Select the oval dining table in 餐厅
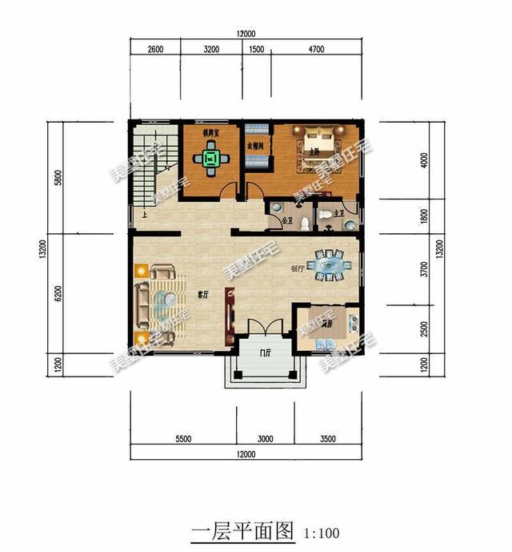(x=329, y=264)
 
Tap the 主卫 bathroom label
(x=338, y=213)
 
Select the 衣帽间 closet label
(x=255, y=147)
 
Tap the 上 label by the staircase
(x=144, y=215)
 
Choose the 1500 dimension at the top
(x=257, y=49)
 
